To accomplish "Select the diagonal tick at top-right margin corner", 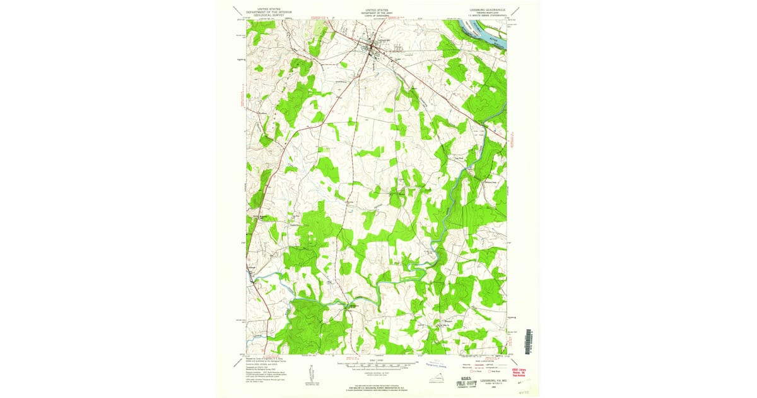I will point(517,10).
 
